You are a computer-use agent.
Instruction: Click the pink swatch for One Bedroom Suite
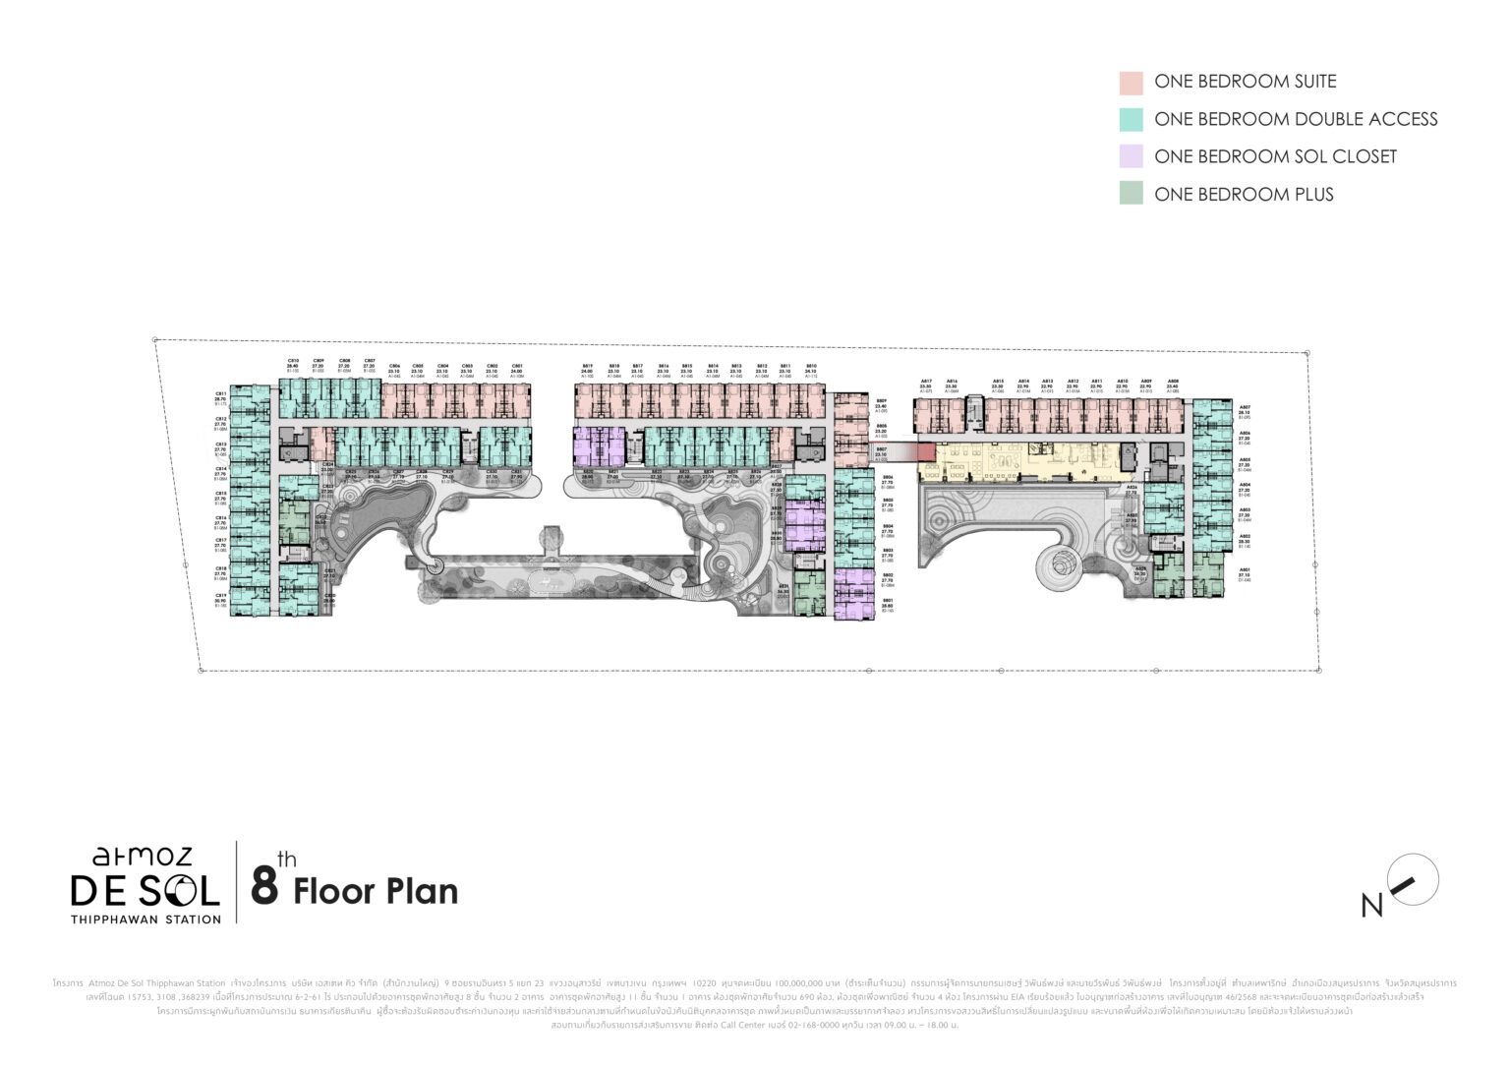[1131, 83]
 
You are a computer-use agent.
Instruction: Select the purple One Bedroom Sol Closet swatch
[1131, 156]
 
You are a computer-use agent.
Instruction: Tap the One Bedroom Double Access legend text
[1296, 119]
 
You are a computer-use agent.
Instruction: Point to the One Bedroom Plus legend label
[1244, 195]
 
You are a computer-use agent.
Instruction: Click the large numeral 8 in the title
[263, 885]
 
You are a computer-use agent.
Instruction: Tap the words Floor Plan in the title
[376, 891]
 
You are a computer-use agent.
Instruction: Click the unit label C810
[293, 361]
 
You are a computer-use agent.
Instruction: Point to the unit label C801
[518, 365]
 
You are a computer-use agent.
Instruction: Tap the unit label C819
[220, 594]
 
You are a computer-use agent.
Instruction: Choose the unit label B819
[587, 366]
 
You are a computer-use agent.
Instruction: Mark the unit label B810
[810, 366]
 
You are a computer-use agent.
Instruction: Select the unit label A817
[925, 382]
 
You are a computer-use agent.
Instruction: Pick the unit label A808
[1172, 382]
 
